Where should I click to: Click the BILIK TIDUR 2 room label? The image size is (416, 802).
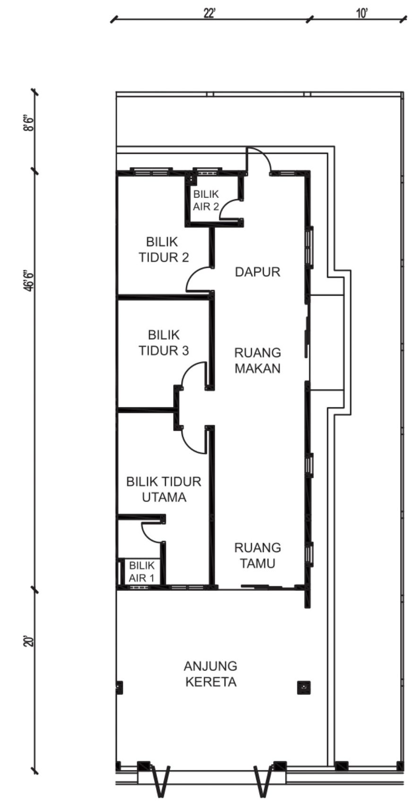click(x=164, y=249)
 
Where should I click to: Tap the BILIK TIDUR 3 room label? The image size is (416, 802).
click(x=164, y=343)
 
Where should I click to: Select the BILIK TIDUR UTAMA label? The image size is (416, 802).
click(x=164, y=489)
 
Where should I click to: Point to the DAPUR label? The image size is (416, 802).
click(x=258, y=272)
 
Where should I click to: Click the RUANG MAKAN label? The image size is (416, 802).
click(x=258, y=361)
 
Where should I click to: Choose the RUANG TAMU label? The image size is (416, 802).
click(x=258, y=555)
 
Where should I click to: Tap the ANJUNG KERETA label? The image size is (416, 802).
click(x=211, y=674)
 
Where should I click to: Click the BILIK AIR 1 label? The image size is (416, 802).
click(x=142, y=572)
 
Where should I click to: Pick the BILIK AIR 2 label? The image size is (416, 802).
click(x=206, y=201)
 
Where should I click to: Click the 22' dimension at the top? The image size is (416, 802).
click(x=209, y=14)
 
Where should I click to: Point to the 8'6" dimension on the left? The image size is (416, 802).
click(x=29, y=123)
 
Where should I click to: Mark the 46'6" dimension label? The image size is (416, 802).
click(x=29, y=282)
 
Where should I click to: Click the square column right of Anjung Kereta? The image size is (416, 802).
click(x=303, y=687)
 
